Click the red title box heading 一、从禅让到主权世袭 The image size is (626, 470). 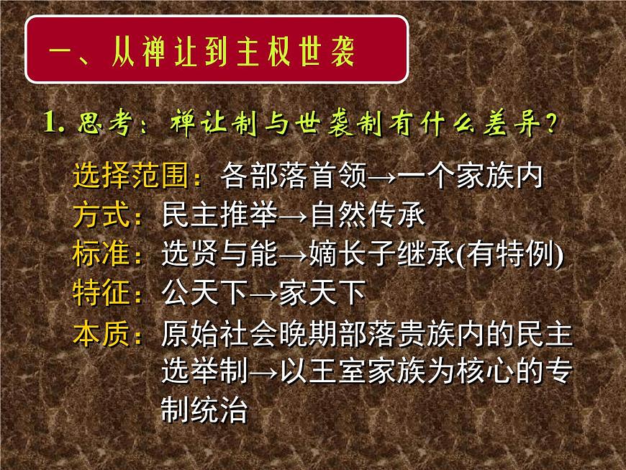tap(217, 49)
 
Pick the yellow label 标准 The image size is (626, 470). tap(106, 255)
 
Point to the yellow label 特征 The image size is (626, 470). tap(106, 293)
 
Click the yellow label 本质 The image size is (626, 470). tap(106, 333)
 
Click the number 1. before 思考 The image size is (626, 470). tap(55, 123)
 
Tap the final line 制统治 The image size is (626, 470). tap(204, 411)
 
